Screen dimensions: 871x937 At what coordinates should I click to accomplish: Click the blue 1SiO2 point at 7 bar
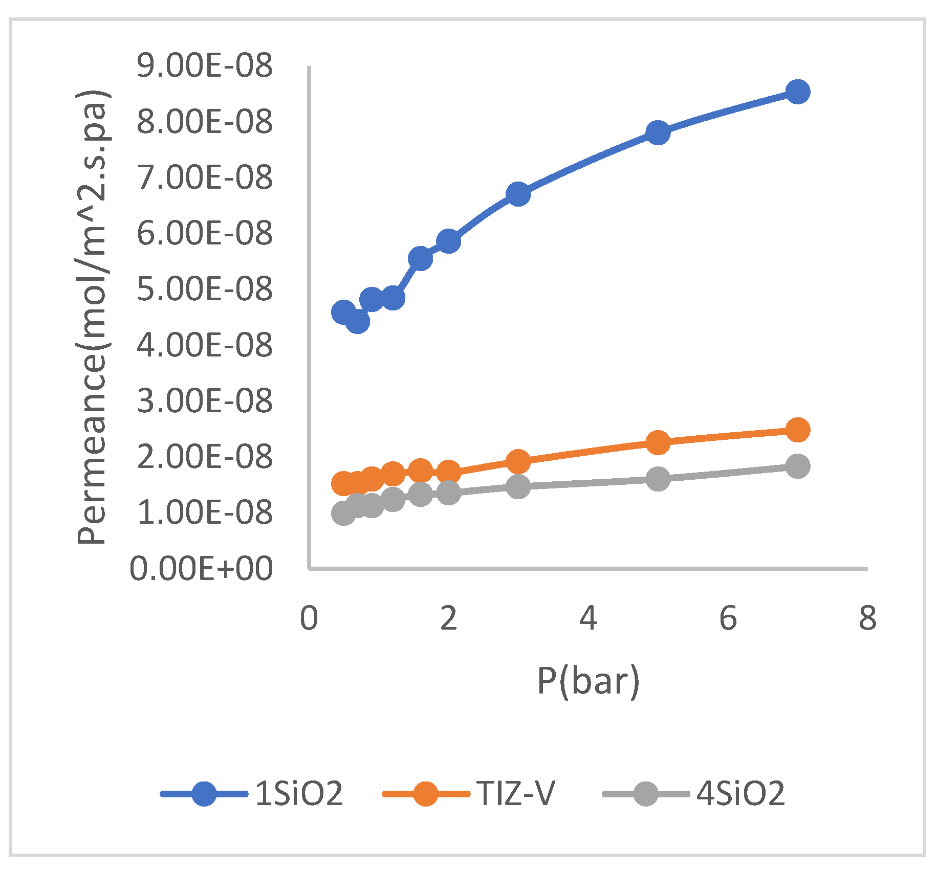pyautogui.click(x=797, y=92)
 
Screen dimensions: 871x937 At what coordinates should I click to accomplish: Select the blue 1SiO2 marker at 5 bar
pyautogui.click(x=658, y=133)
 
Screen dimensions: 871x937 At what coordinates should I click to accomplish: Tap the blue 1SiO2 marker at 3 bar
pyautogui.click(x=518, y=194)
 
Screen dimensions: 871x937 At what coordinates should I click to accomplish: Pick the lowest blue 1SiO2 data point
pyautogui.click(x=358, y=322)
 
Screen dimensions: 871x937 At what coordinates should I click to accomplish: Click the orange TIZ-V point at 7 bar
pyautogui.click(x=797, y=430)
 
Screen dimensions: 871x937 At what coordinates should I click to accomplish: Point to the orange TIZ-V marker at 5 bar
pyautogui.click(x=658, y=442)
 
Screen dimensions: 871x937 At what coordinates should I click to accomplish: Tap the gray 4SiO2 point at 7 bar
pyautogui.click(x=797, y=466)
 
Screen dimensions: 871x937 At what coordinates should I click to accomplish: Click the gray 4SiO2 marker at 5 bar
pyautogui.click(x=658, y=479)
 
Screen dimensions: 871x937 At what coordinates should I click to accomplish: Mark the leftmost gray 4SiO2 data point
pyautogui.click(x=343, y=513)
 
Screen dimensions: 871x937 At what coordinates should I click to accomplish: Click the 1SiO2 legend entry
pyautogui.click(x=251, y=794)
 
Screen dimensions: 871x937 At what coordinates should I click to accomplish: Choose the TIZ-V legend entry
pyautogui.click(x=468, y=794)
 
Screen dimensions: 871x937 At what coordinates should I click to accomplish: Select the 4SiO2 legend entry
pyautogui.click(x=693, y=794)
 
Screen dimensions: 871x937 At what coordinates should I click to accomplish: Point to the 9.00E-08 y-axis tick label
pyautogui.click(x=205, y=66)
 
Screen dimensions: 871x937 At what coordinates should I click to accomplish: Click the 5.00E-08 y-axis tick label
pyautogui.click(x=205, y=289)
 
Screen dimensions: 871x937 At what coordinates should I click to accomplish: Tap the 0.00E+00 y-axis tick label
pyautogui.click(x=201, y=568)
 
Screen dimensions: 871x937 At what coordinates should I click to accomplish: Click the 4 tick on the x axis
pyautogui.click(x=588, y=618)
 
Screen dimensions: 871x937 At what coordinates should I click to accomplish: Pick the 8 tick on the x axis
pyautogui.click(x=867, y=618)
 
